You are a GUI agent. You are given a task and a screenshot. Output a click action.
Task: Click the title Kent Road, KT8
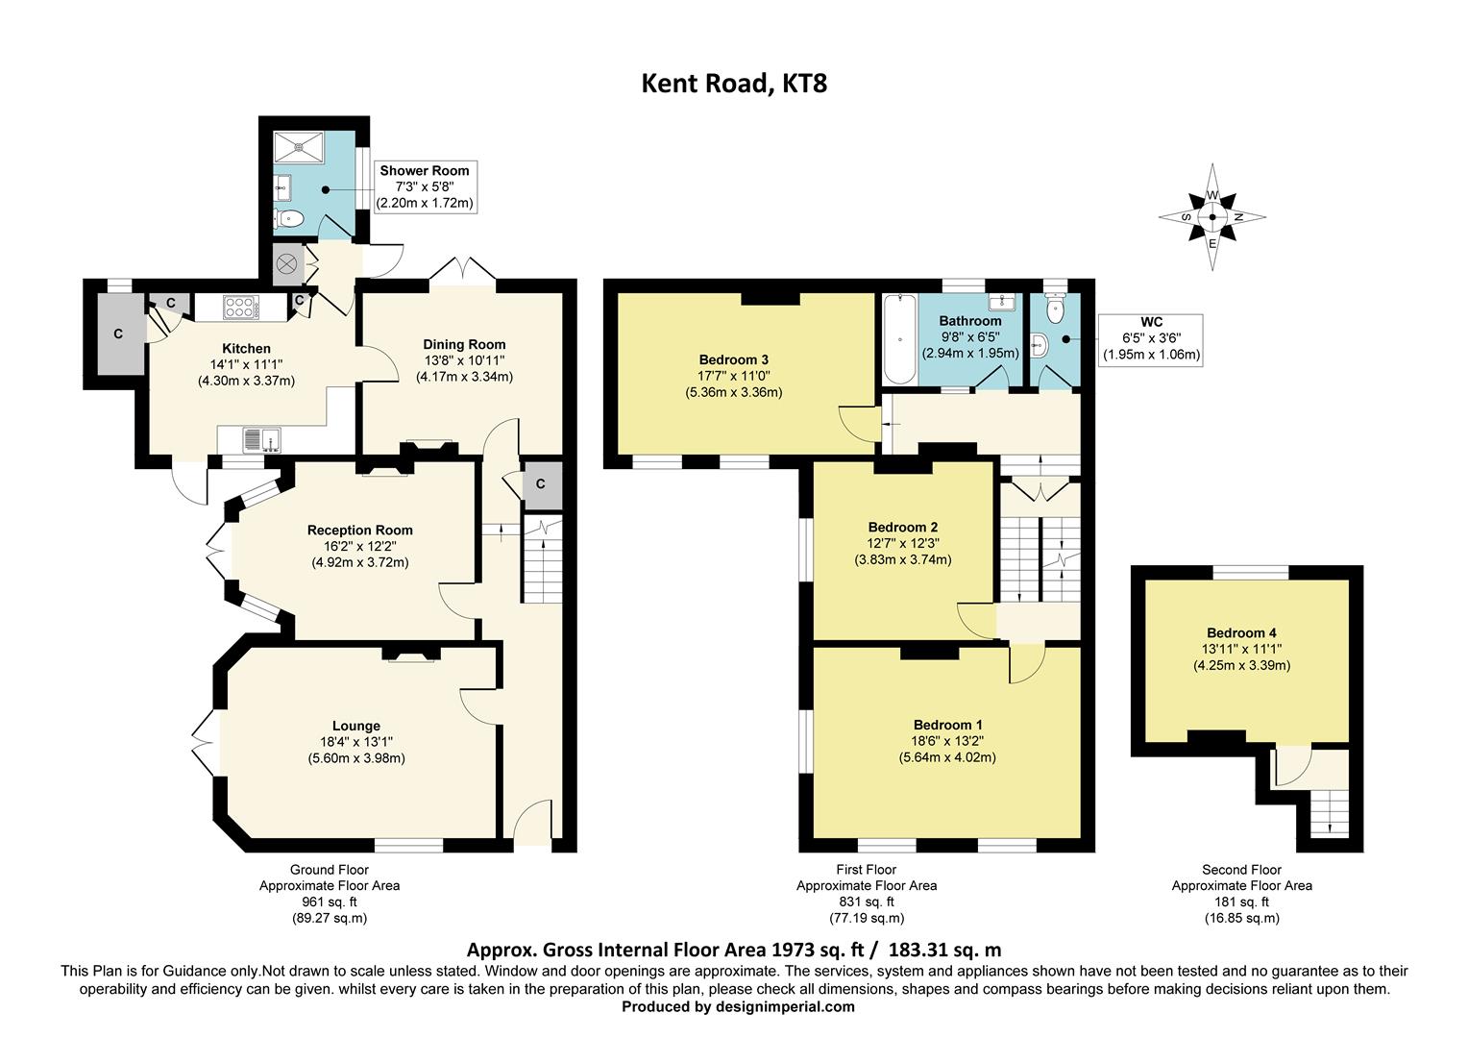tap(734, 84)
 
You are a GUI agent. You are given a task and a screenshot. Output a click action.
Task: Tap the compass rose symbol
tap(1211, 217)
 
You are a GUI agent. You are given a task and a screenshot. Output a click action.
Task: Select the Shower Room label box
tap(424, 187)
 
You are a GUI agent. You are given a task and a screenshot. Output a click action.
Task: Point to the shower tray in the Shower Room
tap(301, 147)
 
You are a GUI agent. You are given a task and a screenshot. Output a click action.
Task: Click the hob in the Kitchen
tap(240, 307)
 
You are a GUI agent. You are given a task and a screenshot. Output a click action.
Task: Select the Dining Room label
tap(464, 344)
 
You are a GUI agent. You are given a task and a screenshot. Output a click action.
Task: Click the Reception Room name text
tap(359, 530)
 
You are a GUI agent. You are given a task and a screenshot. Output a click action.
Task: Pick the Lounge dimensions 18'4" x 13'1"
tap(356, 742)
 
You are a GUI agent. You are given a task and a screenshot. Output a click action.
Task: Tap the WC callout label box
tap(1150, 338)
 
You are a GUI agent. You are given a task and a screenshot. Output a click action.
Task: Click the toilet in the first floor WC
tap(1055, 309)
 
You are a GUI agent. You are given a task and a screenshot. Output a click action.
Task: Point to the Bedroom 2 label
tap(902, 527)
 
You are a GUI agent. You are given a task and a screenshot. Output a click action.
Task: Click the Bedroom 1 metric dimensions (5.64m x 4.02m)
tap(947, 757)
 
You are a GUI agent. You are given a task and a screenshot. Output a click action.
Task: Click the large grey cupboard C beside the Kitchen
tap(117, 334)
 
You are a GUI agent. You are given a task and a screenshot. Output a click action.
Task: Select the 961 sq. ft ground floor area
tap(329, 902)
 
